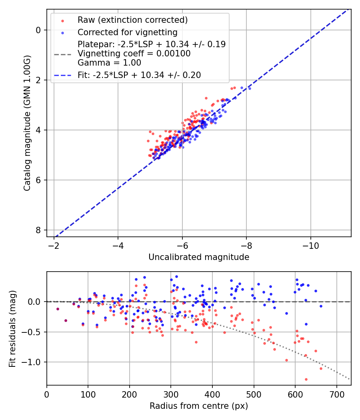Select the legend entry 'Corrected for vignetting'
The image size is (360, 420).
tap(127, 32)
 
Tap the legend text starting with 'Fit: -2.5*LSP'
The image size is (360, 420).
tap(139, 75)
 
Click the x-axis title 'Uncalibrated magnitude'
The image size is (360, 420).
tap(199, 257)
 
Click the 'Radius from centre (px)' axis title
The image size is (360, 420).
tap(199, 406)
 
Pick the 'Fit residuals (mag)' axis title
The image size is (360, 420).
tap(12, 328)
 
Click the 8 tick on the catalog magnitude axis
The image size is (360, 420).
tap(38, 230)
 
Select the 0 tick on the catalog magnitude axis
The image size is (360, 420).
tap(38, 30)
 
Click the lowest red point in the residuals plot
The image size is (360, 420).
tap(306, 379)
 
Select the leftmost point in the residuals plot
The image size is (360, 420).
tap(58, 309)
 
